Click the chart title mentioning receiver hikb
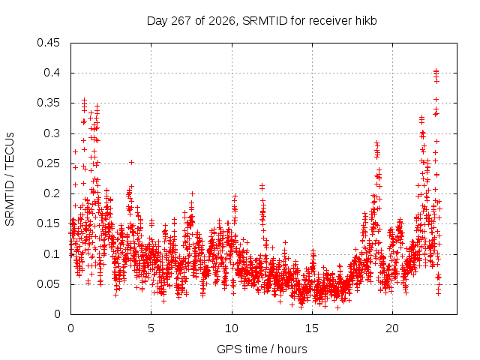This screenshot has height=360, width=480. click(262, 21)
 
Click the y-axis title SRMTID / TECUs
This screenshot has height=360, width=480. click(10, 179)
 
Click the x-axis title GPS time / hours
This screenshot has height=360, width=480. click(262, 349)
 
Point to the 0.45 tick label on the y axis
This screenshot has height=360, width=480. click(48, 43)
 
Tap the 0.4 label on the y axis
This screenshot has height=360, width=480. click(52, 73)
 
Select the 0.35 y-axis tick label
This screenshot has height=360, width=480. click(48, 103)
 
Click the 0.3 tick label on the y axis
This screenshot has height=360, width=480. click(52, 133)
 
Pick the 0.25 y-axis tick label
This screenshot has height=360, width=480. click(48, 163)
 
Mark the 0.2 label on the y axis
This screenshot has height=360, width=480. click(52, 193)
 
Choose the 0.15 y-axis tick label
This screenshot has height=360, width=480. click(48, 223)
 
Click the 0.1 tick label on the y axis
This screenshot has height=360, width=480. click(52, 254)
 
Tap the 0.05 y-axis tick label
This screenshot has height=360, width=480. click(48, 284)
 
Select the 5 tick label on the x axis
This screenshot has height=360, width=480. click(151, 328)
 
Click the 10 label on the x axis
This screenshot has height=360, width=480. click(232, 328)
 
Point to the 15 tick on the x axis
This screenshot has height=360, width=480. click(312, 328)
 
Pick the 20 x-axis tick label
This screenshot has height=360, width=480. click(392, 328)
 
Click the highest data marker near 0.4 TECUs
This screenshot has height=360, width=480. click(436, 70)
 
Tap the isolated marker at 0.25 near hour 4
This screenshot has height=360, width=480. click(131, 162)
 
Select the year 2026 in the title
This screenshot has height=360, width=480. click(222, 21)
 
